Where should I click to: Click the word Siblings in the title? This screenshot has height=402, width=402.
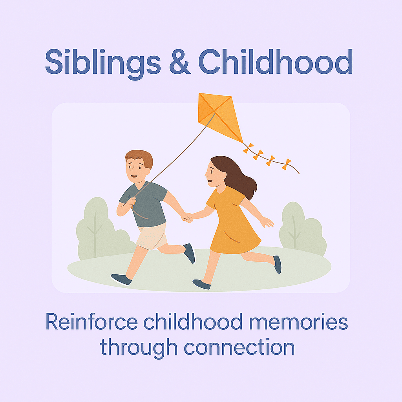pos(103,64)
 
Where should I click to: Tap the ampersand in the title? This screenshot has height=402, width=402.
pos(180,62)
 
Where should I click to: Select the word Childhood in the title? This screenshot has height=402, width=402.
pos(276,62)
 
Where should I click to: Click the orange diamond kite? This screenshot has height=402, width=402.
pos(220,117)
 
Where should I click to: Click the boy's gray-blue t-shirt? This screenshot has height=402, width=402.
pos(145,204)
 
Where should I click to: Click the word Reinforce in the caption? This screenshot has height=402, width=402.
pos(92,322)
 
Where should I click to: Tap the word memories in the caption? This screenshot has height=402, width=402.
pos(299,322)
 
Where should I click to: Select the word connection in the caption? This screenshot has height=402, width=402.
pos(239,347)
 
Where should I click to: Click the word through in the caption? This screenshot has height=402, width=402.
pos(139,348)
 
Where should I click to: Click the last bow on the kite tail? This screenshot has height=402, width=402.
pos(286,164)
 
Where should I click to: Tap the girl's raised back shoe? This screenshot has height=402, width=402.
pos(278,264)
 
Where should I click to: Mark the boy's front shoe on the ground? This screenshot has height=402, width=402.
pos(121,280)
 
